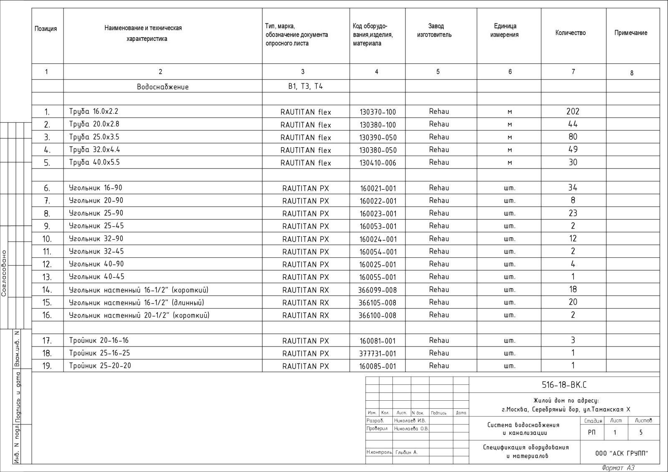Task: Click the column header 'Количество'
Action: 570,33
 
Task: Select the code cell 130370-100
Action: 377,112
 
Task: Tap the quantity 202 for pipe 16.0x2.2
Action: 573,111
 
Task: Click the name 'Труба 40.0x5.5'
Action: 94,162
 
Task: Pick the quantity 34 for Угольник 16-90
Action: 573,188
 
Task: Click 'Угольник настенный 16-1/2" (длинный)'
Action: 137,302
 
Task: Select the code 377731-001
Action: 377,354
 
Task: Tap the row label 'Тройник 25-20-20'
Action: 100,366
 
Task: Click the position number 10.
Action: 47,239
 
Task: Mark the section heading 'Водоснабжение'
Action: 163,87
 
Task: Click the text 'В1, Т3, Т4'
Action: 306,86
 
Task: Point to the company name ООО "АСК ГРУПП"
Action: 622,454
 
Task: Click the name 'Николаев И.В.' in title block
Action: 410,421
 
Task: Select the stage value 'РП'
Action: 592,432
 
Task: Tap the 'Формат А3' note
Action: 618,468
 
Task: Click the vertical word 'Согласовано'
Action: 4,273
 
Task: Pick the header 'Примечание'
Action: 630,33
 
